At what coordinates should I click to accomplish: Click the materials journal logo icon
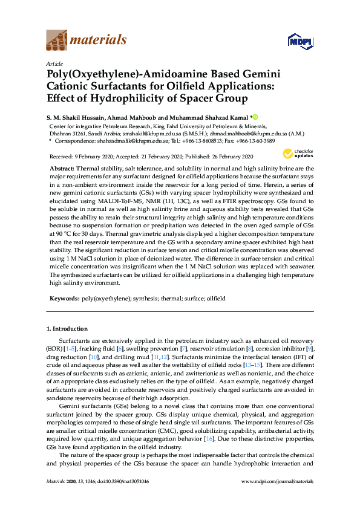click(x=57, y=41)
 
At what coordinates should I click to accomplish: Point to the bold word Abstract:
click(x=62, y=168)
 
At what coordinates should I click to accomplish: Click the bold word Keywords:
click(x=64, y=299)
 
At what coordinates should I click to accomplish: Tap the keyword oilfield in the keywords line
click(x=215, y=299)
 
